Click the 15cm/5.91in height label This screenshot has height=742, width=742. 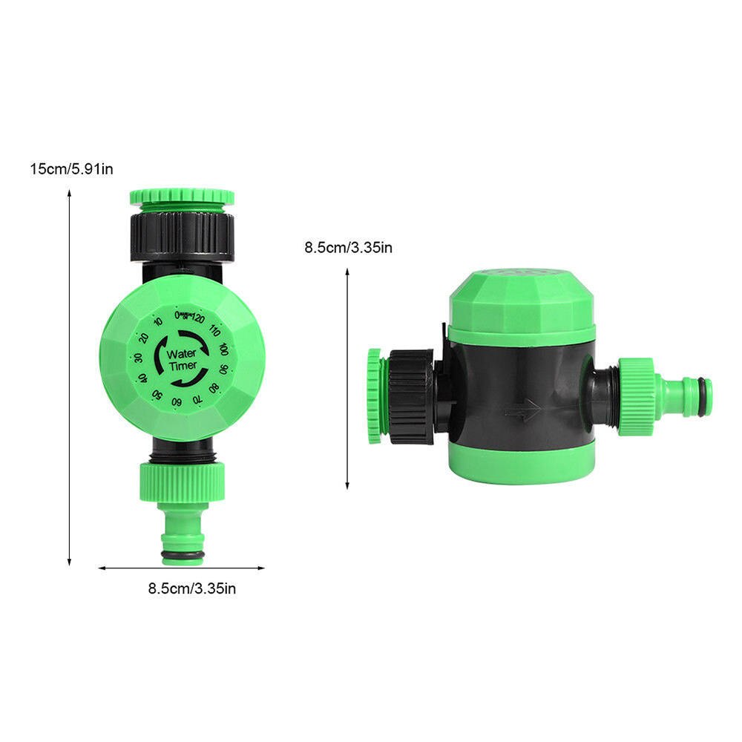click(x=71, y=169)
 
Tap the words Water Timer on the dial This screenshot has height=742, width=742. click(x=182, y=360)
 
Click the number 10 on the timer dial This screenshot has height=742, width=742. click(x=158, y=321)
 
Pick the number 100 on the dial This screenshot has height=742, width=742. click(x=223, y=349)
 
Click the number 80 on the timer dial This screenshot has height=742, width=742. click(x=214, y=387)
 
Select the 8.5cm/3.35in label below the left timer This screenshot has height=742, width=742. click(x=192, y=589)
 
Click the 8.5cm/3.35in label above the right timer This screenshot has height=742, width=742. click(x=348, y=247)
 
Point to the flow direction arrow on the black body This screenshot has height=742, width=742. click(x=522, y=409)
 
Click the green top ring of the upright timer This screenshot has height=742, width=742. click(x=182, y=197)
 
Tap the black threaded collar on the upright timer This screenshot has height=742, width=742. click(x=182, y=234)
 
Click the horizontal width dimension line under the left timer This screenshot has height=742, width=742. click(x=182, y=568)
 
